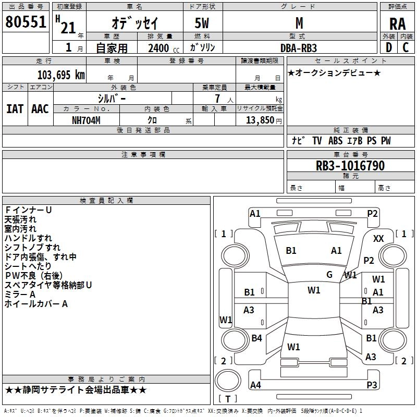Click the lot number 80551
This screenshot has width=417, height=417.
pos(26,22)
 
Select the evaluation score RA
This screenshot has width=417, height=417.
pos(397,24)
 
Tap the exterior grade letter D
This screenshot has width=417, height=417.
pos(388,47)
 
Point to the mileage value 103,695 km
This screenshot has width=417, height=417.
pos(61,75)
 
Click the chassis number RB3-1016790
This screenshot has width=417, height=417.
pos(350,166)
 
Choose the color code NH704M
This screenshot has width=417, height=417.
pos(86,120)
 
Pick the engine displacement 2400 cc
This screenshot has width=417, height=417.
pos(158,48)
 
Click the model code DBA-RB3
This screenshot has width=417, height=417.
pos(299,48)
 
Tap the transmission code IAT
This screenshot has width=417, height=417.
pos(15,109)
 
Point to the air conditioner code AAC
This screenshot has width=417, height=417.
pos(40,109)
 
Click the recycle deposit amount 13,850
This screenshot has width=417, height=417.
pos(259,120)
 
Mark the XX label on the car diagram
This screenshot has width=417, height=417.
pos(378,238)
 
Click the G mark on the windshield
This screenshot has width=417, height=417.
pos(329,275)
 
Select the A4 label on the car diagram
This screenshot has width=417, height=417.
pos(255,385)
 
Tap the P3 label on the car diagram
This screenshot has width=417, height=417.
pos(372,385)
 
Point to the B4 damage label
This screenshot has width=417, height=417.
pos(256,338)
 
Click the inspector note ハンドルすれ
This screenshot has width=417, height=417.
pos(28,238)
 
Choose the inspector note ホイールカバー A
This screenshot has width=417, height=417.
pos(36,304)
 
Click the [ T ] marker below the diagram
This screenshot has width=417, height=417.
pos(228,399)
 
